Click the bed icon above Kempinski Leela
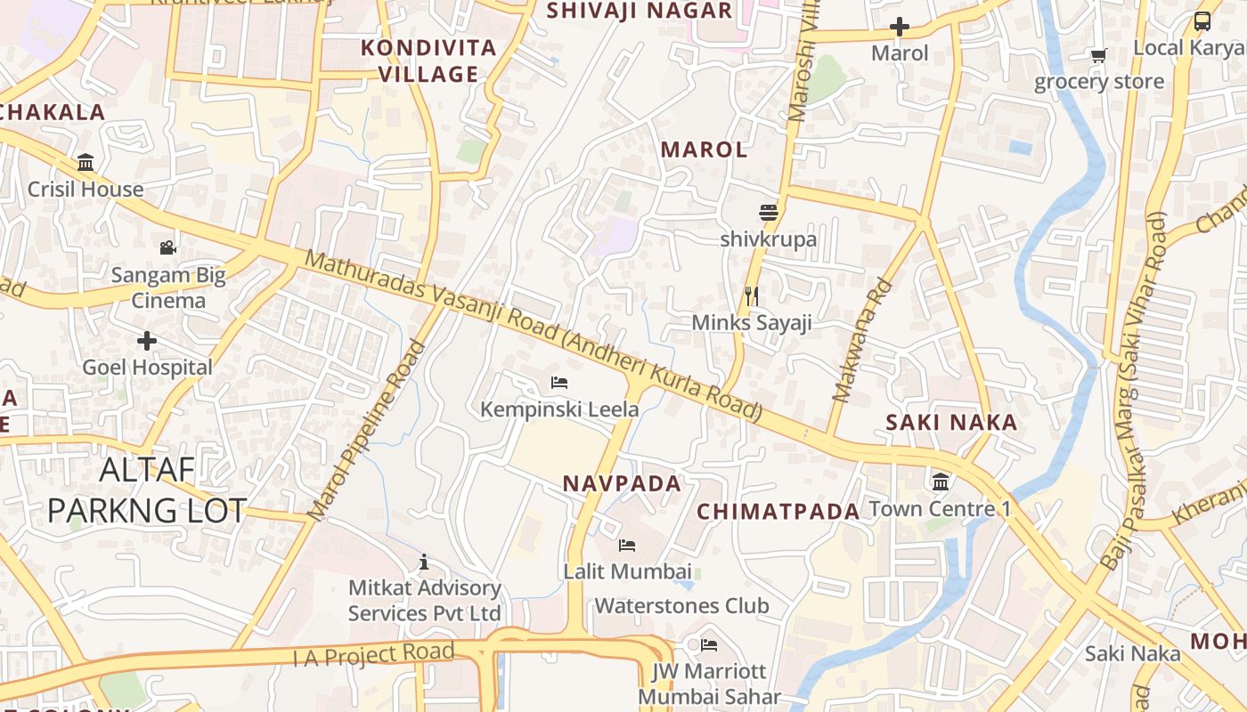coord(559,383)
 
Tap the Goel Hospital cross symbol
coord(147,341)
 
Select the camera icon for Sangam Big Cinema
coord(167,248)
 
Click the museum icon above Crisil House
coord(86,163)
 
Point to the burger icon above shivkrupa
coord(769,213)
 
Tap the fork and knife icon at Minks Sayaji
coord(752,295)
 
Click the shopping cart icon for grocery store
coord(1098,56)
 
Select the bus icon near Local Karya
coord(1202,21)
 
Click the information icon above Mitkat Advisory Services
coord(424,562)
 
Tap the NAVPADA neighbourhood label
coord(622,484)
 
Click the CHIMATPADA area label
coord(778,512)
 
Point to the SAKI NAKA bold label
coord(951,423)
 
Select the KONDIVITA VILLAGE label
coord(428,61)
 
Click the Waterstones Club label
coord(681,606)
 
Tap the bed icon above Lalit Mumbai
coord(627,545)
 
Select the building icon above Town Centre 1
coord(940,482)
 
